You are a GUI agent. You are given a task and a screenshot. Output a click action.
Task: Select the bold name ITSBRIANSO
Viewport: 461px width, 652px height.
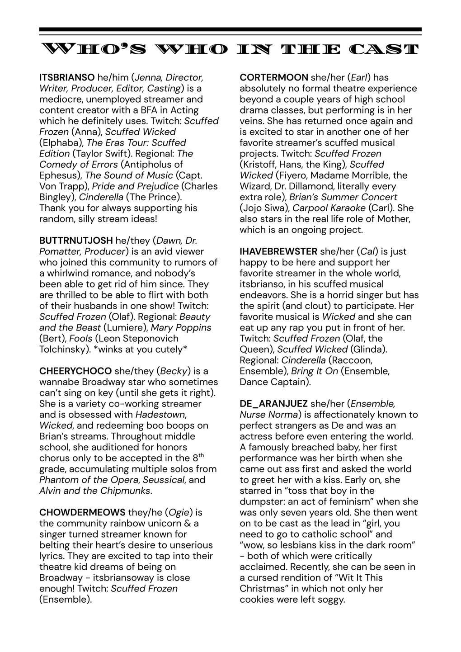67,77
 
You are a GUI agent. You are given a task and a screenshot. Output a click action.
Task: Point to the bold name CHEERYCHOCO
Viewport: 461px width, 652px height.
75,371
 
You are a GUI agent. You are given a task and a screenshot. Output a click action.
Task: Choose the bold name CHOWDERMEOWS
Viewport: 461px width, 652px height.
82,512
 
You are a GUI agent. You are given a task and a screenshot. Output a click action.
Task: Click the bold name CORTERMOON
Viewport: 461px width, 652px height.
273,77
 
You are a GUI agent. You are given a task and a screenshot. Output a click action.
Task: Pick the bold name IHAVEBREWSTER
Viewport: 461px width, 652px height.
278,251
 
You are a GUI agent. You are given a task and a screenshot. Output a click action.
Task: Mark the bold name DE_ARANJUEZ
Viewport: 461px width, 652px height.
273,404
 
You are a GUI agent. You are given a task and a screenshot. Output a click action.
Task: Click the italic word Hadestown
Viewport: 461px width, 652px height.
160,415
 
